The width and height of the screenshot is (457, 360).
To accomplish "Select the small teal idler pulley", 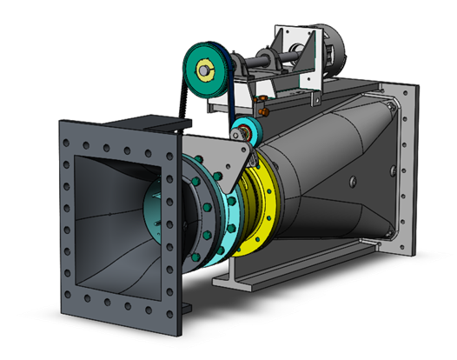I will pos(244,133).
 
